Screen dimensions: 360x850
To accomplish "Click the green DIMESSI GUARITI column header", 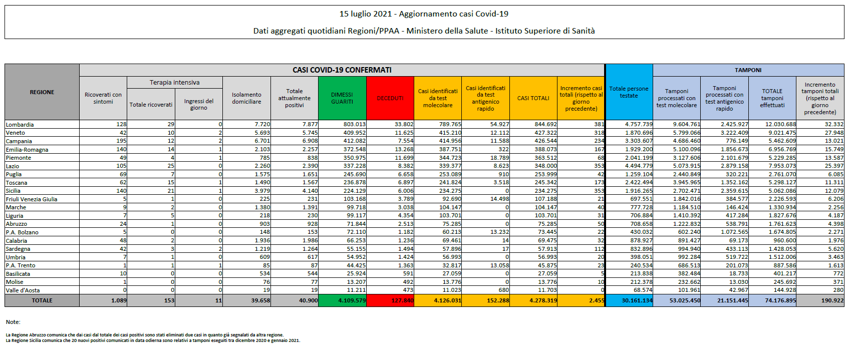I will [x=342, y=98].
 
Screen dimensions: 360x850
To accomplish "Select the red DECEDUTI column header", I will [x=390, y=98].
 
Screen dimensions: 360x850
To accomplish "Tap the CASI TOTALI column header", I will [x=533, y=98].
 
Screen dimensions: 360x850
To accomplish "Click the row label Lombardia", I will [x=20, y=125].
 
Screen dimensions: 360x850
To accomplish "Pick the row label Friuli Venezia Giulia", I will [x=32, y=199].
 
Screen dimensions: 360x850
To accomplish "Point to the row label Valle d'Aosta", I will [x=23, y=290].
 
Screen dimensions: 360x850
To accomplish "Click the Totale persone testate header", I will [x=629, y=92].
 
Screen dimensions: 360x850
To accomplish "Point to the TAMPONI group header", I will [x=748, y=70].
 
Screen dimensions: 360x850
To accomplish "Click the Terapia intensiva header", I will [x=174, y=83].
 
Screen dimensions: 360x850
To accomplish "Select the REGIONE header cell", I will [x=42, y=92].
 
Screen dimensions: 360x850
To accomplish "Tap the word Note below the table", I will [x=13, y=322].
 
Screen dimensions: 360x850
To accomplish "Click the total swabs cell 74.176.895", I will [x=780, y=300].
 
